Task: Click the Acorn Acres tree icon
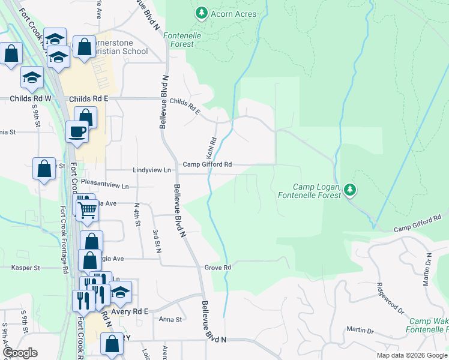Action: click(x=202, y=13)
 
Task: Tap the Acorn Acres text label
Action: click(x=234, y=14)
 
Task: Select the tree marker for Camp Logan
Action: click(x=350, y=190)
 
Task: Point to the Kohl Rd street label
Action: click(x=211, y=146)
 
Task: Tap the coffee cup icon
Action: click(x=77, y=131)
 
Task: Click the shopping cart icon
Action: click(x=88, y=209)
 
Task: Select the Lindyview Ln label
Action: click(x=152, y=170)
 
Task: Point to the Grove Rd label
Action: click(x=218, y=267)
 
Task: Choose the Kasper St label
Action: click(x=25, y=268)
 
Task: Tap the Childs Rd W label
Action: click(x=31, y=98)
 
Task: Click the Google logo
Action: click(x=19, y=353)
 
